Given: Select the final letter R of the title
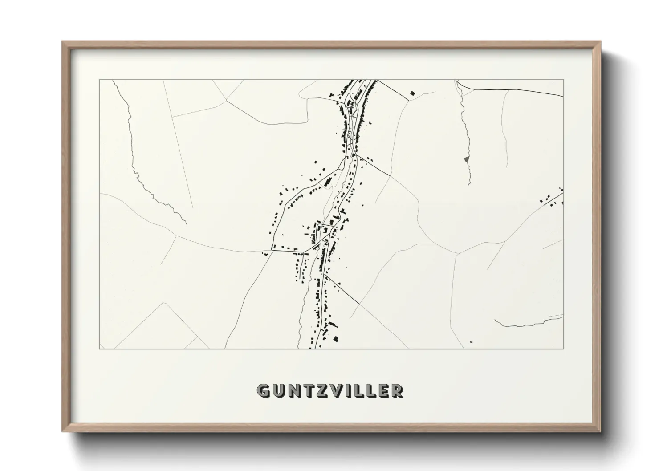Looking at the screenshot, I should (398, 391).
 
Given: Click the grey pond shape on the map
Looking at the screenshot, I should (466, 158).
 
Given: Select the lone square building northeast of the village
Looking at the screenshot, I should (412, 93).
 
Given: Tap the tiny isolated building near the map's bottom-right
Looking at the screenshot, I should (471, 342).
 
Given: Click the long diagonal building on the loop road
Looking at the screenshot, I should (328, 182).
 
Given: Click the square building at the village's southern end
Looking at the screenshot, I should (336, 338).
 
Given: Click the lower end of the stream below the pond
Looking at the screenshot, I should (469, 184).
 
